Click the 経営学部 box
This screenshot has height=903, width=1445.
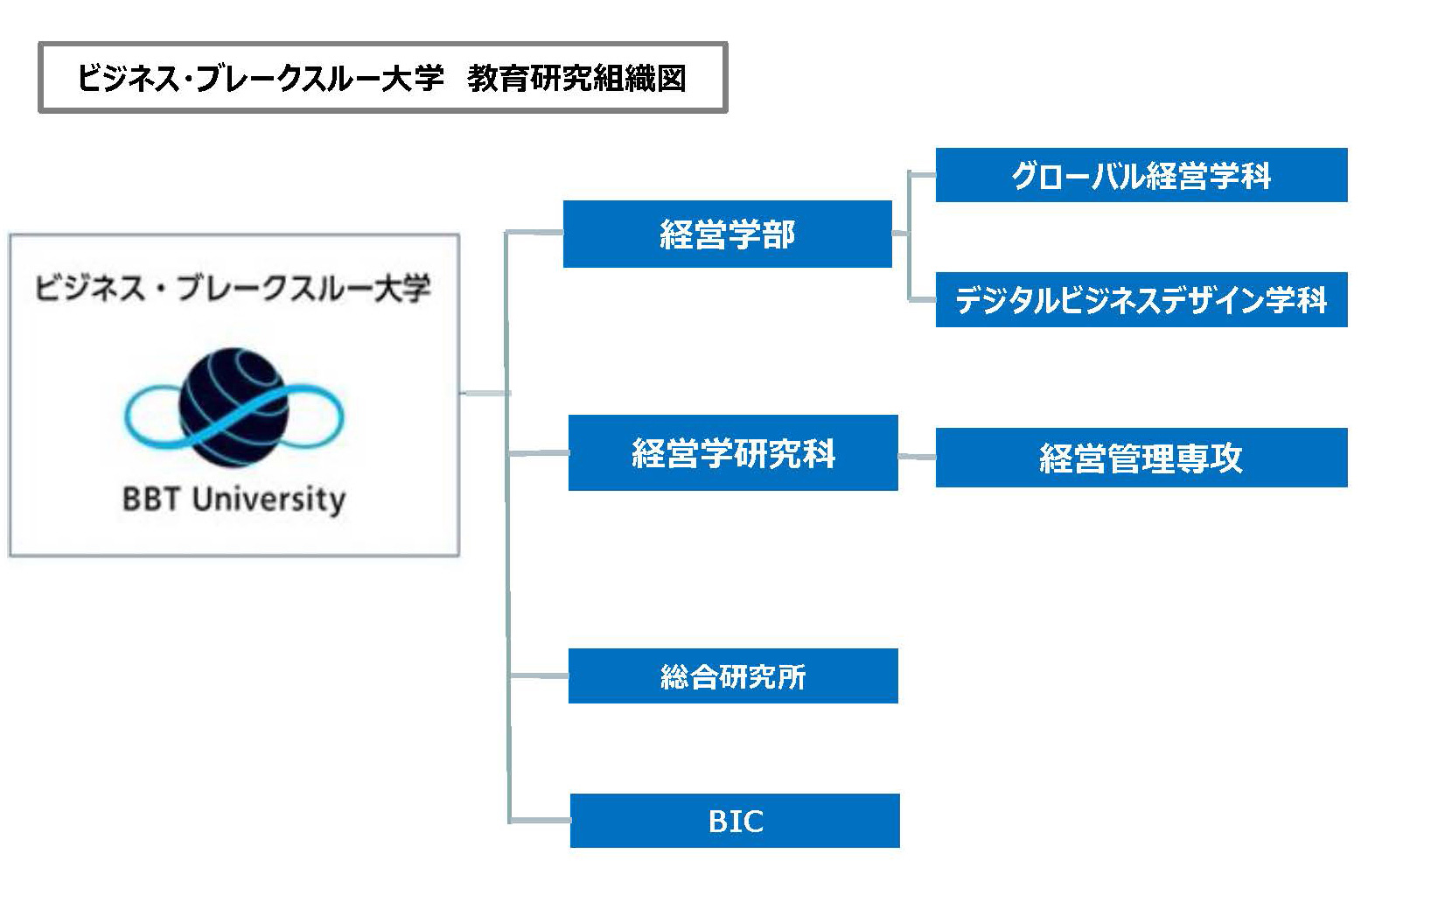coord(727,234)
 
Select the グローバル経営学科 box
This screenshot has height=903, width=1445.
coord(1141,175)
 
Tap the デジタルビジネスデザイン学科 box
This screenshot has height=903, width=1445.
coord(1141,299)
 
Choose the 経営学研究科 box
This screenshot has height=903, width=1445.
coord(733,452)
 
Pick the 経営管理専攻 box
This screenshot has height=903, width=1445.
coord(1141,458)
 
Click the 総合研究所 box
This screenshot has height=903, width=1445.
coord(733,675)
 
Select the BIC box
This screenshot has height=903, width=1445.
coord(735,821)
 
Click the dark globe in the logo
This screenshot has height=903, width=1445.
coord(234,407)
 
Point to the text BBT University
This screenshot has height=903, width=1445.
coord(234,500)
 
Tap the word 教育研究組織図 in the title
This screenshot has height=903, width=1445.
coord(576,78)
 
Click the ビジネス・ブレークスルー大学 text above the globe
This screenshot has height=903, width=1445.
coord(233,287)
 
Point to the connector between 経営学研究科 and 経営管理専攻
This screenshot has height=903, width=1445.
coord(917,457)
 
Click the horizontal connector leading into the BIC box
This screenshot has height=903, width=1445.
coord(540,821)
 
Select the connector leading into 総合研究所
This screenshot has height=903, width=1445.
coord(539,675)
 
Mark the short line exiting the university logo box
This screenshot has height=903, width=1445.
coord(484,393)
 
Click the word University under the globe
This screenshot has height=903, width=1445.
coord(269,500)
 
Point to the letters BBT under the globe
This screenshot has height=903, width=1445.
coord(150,500)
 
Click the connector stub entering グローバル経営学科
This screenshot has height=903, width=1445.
coord(922,174)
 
